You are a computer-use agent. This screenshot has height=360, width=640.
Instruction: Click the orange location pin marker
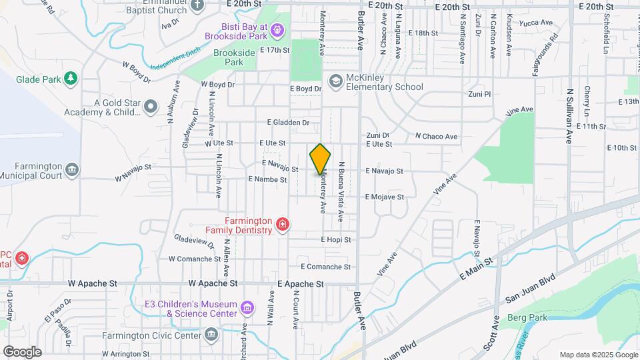coord(320,159)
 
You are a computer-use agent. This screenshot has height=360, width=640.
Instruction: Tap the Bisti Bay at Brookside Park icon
coord(278,29)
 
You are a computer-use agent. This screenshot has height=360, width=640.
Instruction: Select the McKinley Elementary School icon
coord(335,81)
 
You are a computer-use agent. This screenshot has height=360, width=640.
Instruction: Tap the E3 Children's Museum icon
coord(248,307)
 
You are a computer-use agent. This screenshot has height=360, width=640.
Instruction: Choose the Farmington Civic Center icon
coord(211,335)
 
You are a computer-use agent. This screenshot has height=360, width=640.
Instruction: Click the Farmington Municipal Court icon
coord(72,170)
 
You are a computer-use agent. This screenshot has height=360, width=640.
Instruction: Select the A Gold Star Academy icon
coord(151,107)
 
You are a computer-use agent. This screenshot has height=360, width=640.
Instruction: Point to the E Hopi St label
coord(335,239)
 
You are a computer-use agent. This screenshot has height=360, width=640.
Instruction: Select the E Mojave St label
coord(384,197)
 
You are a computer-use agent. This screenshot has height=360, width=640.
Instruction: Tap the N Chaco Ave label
coord(436,137)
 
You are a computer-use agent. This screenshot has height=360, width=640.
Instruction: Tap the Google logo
coord(22,351)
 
